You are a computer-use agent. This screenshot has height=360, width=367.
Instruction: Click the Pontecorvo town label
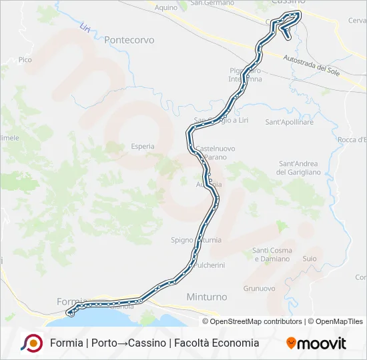[129, 40]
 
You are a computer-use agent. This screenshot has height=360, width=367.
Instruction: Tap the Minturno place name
[206, 297]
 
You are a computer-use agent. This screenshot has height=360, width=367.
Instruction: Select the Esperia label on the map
[143, 146]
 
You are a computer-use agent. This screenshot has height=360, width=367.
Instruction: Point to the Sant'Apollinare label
[289, 123]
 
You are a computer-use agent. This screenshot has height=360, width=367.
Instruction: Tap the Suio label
[310, 258]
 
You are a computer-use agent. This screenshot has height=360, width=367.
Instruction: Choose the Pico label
[25, 60]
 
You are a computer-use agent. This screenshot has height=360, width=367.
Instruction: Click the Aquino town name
[165, 7]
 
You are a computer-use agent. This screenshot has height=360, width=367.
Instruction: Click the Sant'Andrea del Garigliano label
[298, 168]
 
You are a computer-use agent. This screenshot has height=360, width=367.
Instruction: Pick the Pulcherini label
[206, 265]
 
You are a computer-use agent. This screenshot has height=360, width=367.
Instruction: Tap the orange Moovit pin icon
[291, 343]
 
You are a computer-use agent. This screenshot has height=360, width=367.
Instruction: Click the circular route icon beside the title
[31, 343]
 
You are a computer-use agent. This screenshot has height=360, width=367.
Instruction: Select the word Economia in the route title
[232, 343]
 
